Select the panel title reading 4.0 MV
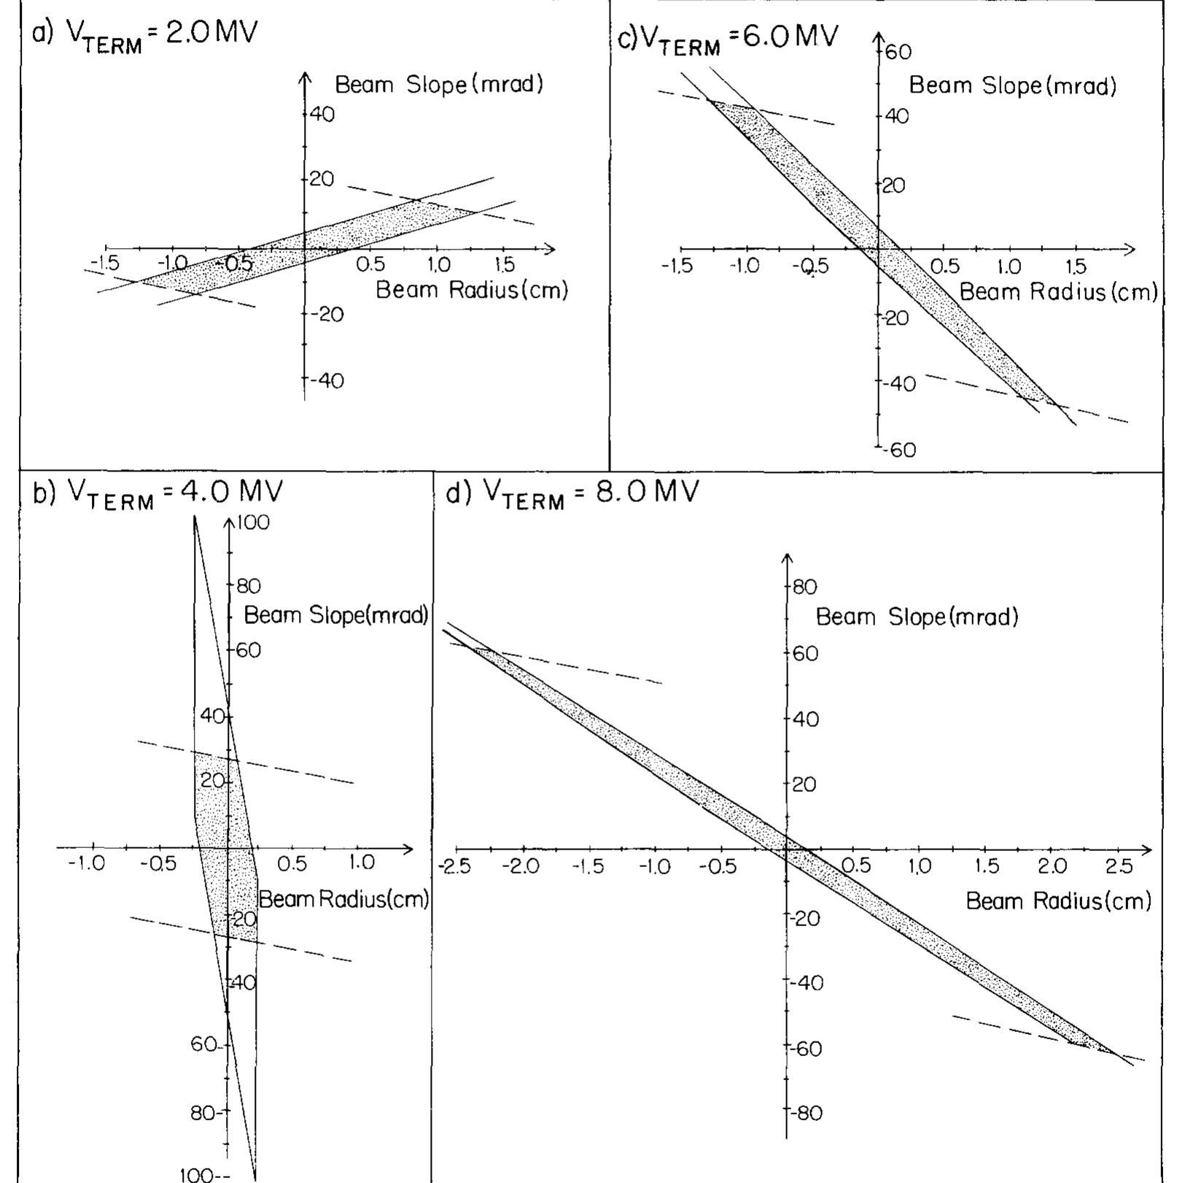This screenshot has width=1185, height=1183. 158,493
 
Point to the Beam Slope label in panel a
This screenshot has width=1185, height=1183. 439,85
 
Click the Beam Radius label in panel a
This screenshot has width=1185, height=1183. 471,290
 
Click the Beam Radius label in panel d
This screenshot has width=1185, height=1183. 1058,901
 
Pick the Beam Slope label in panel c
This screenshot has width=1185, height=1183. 1012,86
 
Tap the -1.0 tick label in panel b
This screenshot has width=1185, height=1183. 87,864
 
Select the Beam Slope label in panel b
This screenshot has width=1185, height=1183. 335,615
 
